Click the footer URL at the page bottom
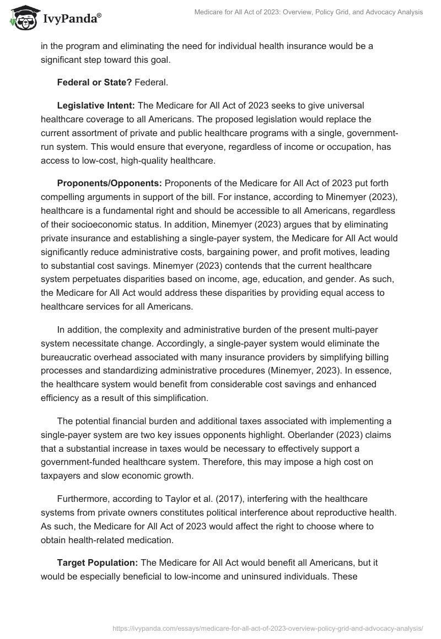pos(267,628)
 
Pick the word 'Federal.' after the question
pos(151,82)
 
